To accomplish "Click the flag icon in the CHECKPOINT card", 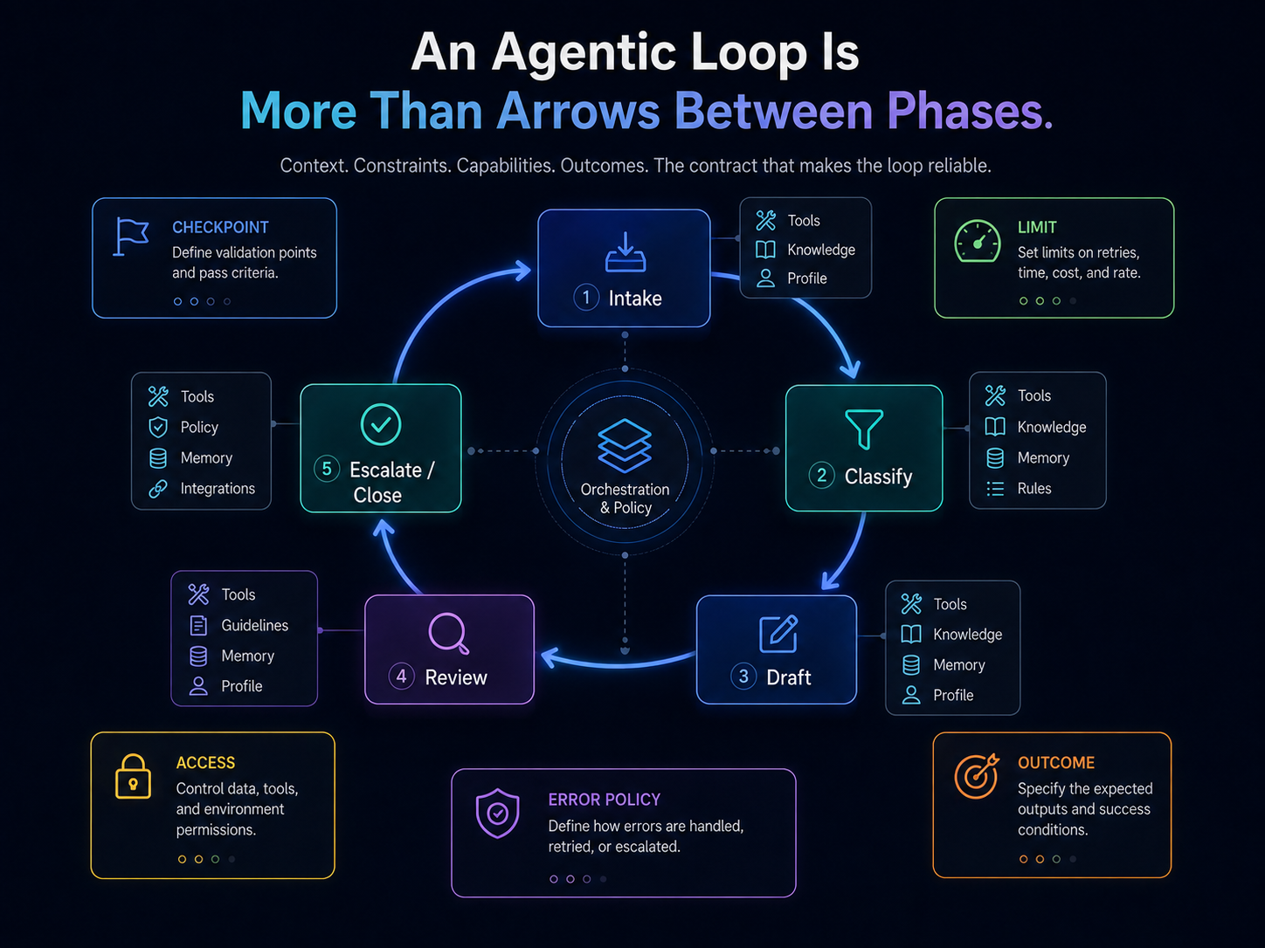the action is click(131, 237).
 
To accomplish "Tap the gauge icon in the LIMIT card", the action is click(978, 241).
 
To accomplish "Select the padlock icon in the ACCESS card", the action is click(133, 777).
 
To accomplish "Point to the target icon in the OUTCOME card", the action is click(976, 775).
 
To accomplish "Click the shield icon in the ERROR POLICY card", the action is click(497, 813).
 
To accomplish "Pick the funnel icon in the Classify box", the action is click(864, 429).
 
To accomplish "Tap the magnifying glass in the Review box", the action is click(449, 634).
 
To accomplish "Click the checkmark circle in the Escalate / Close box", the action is click(381, 424).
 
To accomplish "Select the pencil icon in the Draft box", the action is click(778, 634).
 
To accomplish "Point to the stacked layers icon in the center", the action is click(625, 445).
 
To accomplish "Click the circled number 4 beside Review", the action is click(401, 677).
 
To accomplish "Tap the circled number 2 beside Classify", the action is click(822, 476).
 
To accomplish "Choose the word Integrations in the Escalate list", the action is click(218, 488).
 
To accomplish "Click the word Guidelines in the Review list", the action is click(255, 625).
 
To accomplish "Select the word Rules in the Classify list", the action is click(1033, 488).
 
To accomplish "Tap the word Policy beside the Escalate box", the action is click(199, 427).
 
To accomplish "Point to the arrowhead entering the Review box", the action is click(550, 656).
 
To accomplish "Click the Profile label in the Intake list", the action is click(807, 278).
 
